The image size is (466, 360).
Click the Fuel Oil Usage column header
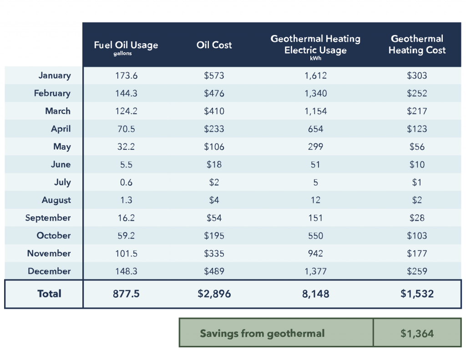(126, 46)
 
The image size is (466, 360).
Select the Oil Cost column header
(214, 45)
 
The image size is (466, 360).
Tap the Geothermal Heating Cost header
(417, 45)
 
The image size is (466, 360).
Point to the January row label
(55, 76)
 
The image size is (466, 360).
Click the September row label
(48, 218)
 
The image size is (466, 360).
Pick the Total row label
(49, 294)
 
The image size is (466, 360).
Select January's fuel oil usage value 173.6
(126, 76)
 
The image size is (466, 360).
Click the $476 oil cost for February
(214, 93)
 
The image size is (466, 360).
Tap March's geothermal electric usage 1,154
(315, 111)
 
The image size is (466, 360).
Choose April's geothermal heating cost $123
(417, 129)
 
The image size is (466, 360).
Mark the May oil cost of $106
(214, 147)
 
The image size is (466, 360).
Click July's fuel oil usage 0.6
(126, 182)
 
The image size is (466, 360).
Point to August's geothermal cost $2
(417, 200)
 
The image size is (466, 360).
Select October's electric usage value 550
(315, 236)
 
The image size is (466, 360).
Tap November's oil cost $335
(214, 254)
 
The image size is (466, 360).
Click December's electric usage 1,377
(315, 271)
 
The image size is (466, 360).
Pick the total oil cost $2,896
(214, 294)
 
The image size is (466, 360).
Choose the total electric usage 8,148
(315, 294)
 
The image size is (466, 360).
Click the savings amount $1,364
(417, 334)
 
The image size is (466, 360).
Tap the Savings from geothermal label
(262, 334)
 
